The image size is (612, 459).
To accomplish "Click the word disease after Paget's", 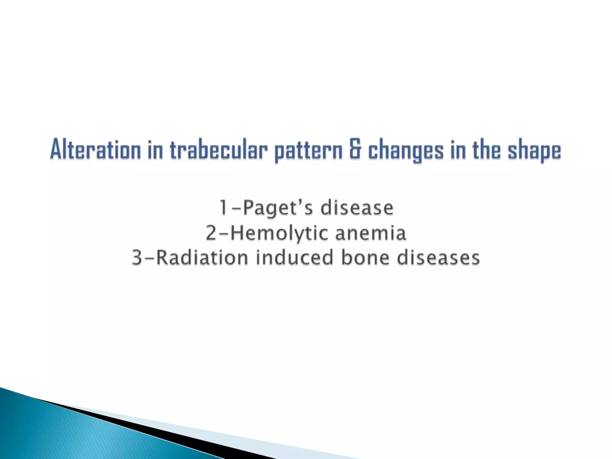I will [x=357, y=208].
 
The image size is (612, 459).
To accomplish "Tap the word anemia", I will [x=370, y=233].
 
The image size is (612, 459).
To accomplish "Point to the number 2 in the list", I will [x=211, y=233].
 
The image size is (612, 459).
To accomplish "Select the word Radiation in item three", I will [x=202, y=258].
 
